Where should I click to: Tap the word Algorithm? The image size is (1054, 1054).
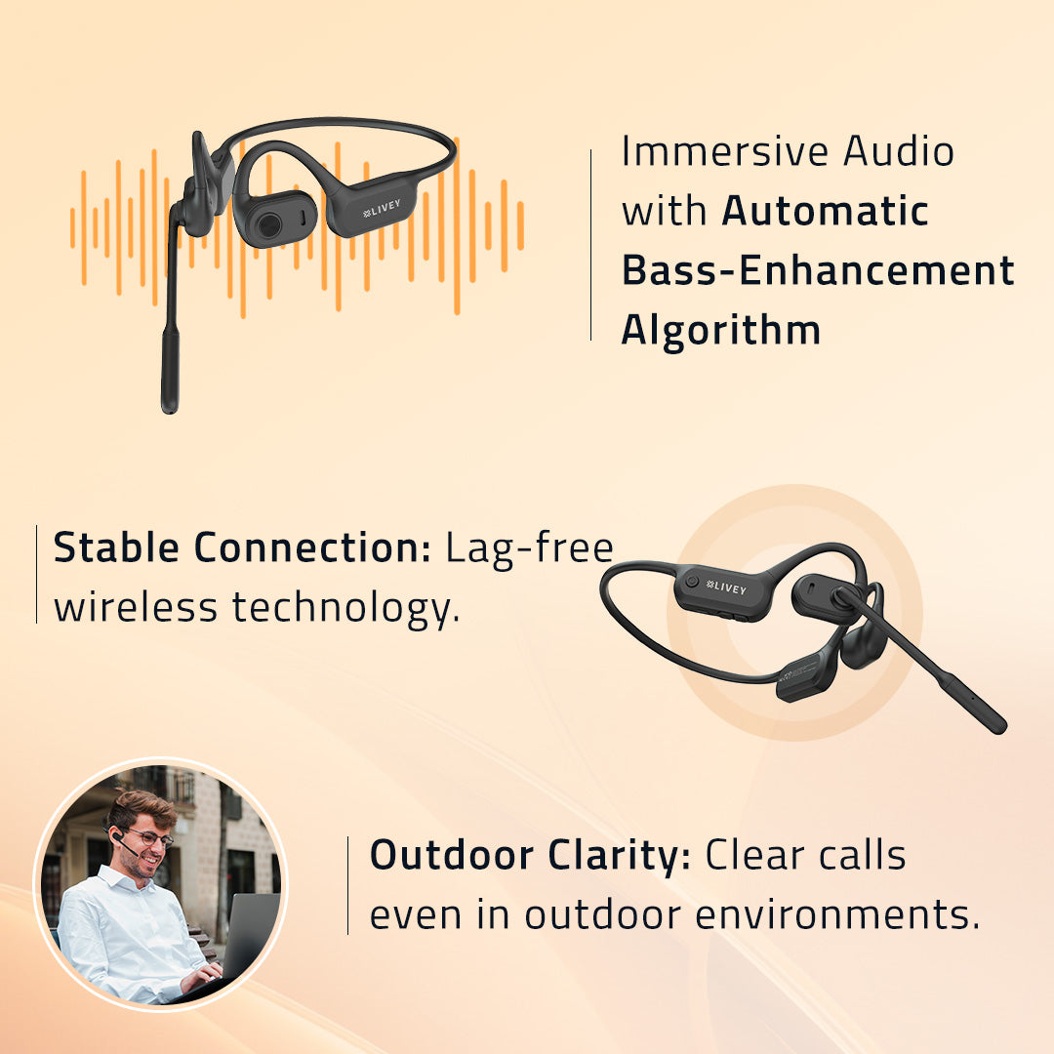click(x=721, y=331)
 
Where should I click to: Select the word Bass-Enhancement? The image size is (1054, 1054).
click(x=818, y=270)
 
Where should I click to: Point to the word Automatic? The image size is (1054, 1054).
click(x=825, y=212)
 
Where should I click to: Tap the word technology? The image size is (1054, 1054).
click(x=345, y=609)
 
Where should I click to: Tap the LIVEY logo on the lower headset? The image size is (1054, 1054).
click(x=726, y=589)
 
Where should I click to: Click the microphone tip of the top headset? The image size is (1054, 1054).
click(x=170, y=372)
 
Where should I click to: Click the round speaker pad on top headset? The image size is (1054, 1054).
click(x=268, y=225)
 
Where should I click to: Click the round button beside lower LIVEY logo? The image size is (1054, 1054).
click(x=692, y=581)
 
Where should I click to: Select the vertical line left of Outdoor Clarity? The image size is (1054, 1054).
click(x=348, y=885)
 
